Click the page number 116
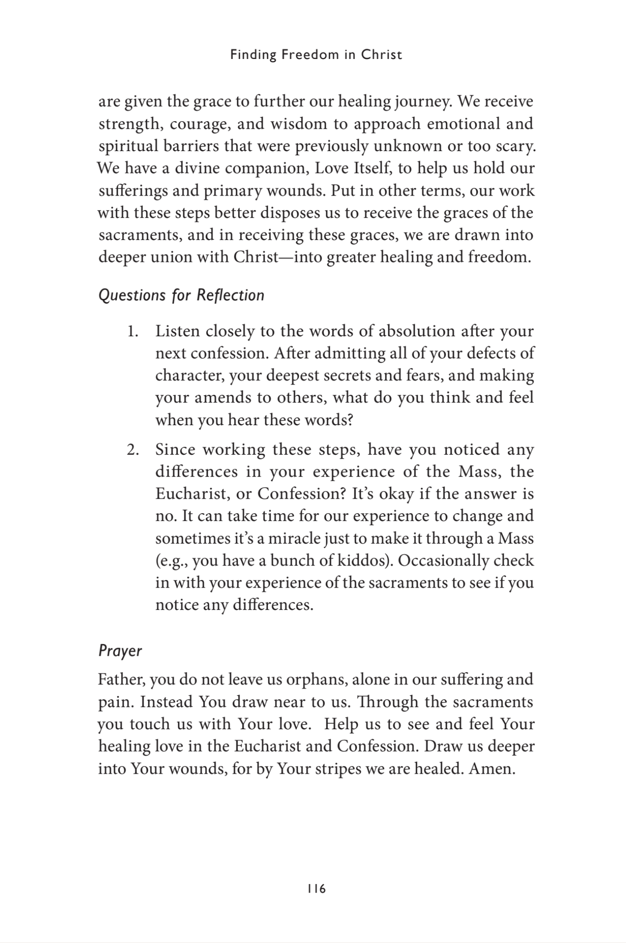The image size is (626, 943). tap(316, 889)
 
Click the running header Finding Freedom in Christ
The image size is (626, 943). tap(316, 55)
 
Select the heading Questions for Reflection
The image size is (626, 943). tap(181, 295)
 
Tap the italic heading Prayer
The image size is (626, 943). tap(120, 651)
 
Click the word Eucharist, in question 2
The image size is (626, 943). tap(194, 494)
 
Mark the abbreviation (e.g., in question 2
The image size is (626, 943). tap(172, 561)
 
